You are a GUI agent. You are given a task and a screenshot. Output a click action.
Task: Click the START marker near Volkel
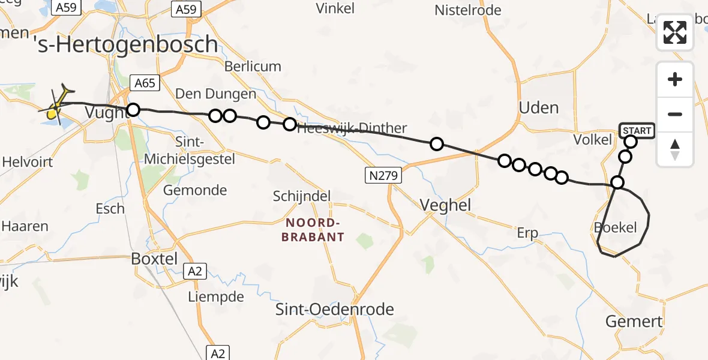[x=636, y=130]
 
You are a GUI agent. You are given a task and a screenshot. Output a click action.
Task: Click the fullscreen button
[x=675, y=32]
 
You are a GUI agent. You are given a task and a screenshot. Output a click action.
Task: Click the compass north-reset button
[x=675, y=149]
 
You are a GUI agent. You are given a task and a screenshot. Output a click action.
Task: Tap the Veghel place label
[x=445, y=205]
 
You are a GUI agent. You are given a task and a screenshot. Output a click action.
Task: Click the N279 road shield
[x=383, y=176]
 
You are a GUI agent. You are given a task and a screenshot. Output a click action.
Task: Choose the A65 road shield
[x=145, y=83]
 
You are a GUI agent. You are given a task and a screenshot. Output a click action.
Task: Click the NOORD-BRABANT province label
[x=315, y=230]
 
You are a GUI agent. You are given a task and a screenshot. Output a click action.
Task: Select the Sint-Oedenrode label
[x=334, y=310]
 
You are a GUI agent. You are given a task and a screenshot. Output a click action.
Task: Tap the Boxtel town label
[x=155, y=259]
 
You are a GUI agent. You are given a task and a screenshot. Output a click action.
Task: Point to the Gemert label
[x=634, y=321]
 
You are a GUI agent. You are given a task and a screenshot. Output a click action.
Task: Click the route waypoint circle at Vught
[x=133, y=110]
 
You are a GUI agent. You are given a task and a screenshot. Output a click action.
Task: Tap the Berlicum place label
[x=253, y=67]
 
